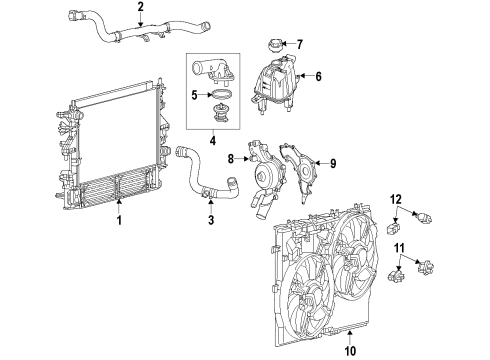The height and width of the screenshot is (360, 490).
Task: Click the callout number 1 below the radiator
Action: pyautogui.click(x=119, y=219)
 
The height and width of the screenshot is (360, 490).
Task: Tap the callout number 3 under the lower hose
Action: pyautogui.click(x=211, y=219)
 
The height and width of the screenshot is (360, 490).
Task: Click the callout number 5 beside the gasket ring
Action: pyautogui.click(x=196, y=97)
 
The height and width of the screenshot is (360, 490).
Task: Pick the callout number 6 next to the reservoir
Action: pyautogui.click(x=319, y=75)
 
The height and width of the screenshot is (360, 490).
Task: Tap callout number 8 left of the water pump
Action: pyautogui.click(x=230, y=157)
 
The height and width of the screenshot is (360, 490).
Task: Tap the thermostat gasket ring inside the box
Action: pyautogui.click(x=218, y=97)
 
